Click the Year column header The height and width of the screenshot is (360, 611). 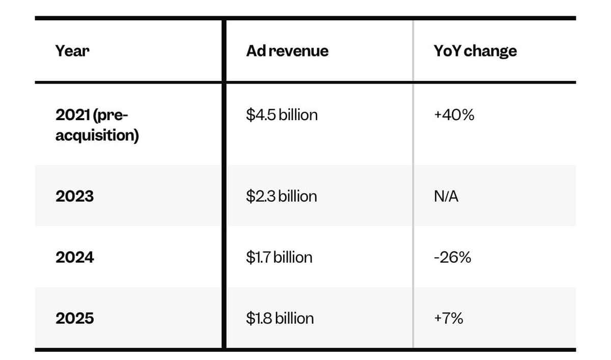click(x=72, y=51)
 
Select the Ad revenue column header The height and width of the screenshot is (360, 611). click(x=287, y=51)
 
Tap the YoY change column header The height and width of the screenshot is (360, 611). click(x=475, y=51)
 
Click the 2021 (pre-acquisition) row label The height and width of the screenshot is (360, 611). click(x=97, y=125)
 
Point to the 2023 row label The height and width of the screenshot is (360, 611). click(x=74, y=196)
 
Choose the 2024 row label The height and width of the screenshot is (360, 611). click(x=75, y=257)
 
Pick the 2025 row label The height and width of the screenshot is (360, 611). click(x=75, y=318)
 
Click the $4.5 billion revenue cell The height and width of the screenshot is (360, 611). click(x=282, y=115)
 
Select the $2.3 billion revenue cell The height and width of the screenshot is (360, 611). click(x=282, y=196)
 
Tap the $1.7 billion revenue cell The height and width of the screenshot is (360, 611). click(x=279, y=257)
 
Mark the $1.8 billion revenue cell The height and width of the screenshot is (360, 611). click(x=280, y=318)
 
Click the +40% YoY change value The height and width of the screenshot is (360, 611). click(x=454, y=115)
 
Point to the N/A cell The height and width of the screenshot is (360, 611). click(x=446, y=196)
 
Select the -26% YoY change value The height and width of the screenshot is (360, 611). click(x=453, y=257)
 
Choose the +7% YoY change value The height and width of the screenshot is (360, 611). click(x=449, y=318)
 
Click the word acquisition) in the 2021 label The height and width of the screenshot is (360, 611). click(x=97, y=135)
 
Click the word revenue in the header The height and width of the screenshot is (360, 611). click(x=299, y=51)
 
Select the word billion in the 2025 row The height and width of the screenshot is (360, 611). click(x=294, y=318)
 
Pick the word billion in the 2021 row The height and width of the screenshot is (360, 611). click(x=298, y=114)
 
